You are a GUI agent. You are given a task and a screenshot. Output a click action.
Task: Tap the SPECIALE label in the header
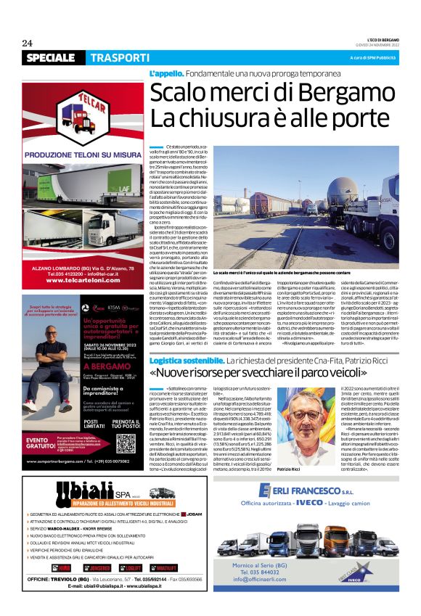[x=50, y=57]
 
